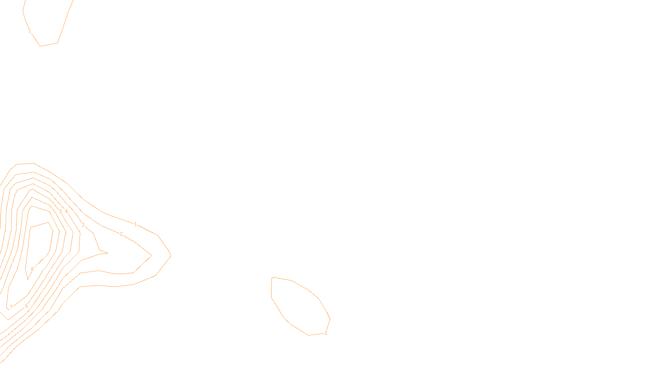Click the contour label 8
point(32,269)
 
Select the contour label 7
point(11,307)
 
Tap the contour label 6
point(26,306)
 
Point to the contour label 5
point(61,211)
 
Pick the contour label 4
point(66,211)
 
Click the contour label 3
point(83,225)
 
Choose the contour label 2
point(121,234)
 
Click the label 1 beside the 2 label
point(136,224)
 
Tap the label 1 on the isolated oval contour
point(326,333)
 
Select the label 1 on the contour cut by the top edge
point(30,31)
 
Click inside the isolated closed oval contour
point(299,305)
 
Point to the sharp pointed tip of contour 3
point(107,253)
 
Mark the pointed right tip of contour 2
point(151,255)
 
